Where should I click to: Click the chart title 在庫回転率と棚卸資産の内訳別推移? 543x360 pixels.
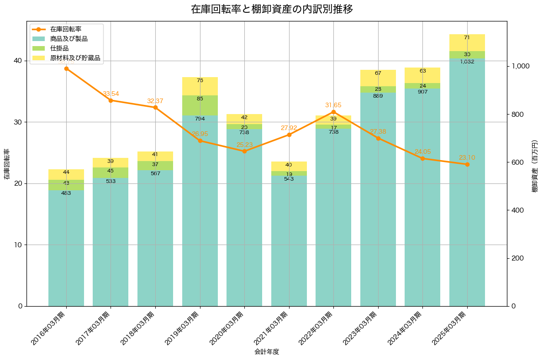click(x=271, y=9)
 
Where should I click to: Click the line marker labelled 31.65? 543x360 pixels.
click(x=333, y=112)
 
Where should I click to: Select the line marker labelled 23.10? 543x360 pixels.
click(x=467, y=164)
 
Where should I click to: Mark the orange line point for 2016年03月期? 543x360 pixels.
click(x=66, y=68)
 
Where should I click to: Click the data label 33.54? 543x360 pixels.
click(x=111, y=94)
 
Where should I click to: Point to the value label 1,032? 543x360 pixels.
click(x=467, y=62)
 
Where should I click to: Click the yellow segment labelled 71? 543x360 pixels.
click(x=467, y=42)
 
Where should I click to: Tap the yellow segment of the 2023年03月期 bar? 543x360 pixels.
click(x=378, y=78)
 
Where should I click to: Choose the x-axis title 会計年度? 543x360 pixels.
click(x=267, y=352)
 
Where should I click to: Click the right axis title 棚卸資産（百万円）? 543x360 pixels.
click(x=535, y=166)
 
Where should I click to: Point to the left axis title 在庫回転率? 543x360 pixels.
click(x=7, y=164)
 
